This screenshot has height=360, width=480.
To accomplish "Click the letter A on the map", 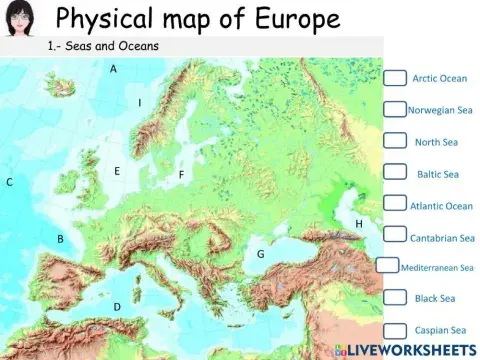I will (x=113, y=69).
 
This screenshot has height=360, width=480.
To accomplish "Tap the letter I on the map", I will (x=139, y=103).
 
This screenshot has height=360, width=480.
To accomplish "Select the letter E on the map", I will (x=117, y=171).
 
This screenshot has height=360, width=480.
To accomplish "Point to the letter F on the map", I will (x=181, y=175).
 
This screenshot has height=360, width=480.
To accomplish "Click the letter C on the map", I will (x=9, y=182).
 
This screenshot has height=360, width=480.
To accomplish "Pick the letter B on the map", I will (x=60, y=239).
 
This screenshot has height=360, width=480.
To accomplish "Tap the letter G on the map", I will (x=260, y=254).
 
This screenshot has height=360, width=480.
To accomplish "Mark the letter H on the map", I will (x=359, y=224).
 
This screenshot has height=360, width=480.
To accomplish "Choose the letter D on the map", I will (x=117, y=306).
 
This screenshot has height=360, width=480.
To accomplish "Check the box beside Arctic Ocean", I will (x=396, y=78).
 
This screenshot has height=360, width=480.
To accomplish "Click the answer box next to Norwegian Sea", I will (x=395, y=110).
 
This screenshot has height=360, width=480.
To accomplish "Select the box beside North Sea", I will (x=396, y=142).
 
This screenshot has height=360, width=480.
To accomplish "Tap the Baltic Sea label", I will (x=437, y=174).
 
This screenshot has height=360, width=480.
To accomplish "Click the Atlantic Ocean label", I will (x=441, y=206).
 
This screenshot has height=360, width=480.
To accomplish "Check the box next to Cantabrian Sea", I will (x=396, y=237).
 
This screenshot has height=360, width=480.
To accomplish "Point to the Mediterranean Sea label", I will (x=437, y=268).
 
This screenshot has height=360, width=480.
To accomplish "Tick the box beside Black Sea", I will (x=396, y=298).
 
